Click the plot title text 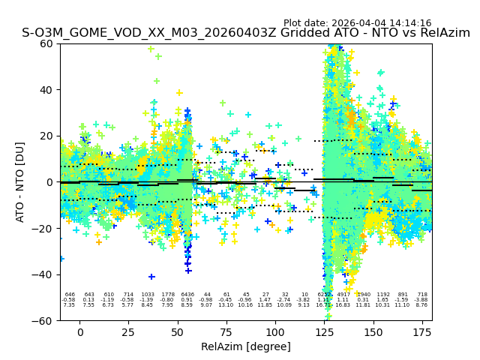coord(246,33)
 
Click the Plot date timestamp coord(357,23)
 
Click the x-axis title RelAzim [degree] coord(246,346)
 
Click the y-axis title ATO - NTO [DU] coord(20,182)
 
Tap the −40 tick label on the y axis coord(44,274)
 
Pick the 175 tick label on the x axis coord(422,331)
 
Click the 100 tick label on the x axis coord(275,331)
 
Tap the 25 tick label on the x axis coord(129,331)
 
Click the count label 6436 coord(187,295)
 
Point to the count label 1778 coord(168,295)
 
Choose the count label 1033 coord(148,295)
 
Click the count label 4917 coord(343,295)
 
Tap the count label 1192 coord(383,295)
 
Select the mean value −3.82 coord(304,300)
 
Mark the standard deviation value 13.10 coord(226,305)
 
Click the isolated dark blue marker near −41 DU coord(151,277)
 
